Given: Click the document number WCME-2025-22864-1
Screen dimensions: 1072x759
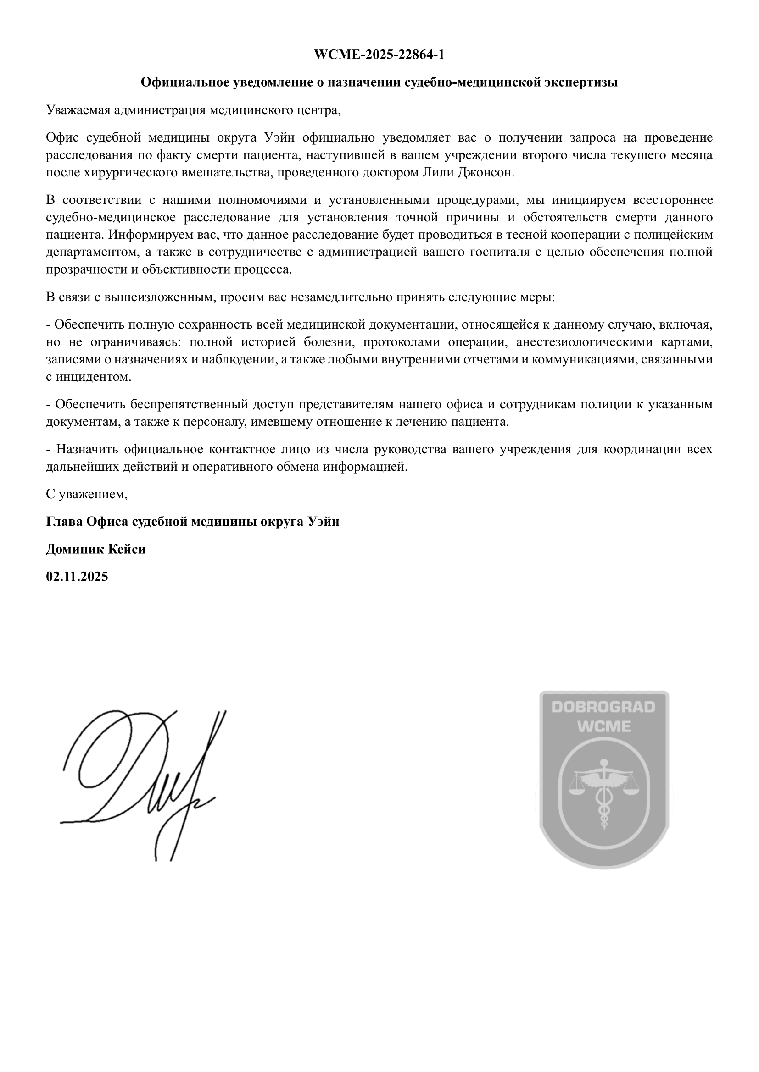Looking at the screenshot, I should pyautogui.click(x=379, y=55).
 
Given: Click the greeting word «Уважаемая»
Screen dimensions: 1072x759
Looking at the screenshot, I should pyautogui.click(x=78, y=110).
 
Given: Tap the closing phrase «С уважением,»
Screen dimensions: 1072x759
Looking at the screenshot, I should pyautogui.click(x=87, y=494).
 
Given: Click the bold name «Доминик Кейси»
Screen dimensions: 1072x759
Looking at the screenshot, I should pyautogui.click(x=96, y=549).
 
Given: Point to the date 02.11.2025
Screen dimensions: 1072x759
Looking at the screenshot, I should pyautogui.click(x=77, y=577).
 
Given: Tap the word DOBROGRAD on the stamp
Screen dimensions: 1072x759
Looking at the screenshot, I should pyautogui.click(x=603, y=707).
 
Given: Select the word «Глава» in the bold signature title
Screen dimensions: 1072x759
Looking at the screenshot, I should pyautogui.click(x=65, y=522).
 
